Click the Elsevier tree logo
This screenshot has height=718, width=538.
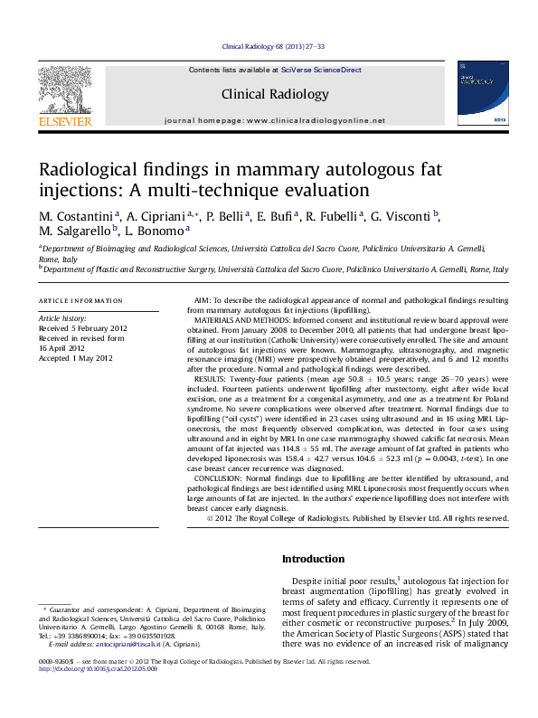click(64, 90)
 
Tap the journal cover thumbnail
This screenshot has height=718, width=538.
click(482, 93)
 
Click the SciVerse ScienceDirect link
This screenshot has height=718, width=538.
click(321, 70)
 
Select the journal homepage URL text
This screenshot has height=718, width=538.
click(316, 120)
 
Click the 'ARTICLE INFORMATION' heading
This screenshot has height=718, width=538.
click(80, 300)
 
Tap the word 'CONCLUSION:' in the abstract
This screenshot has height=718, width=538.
click(223, 478)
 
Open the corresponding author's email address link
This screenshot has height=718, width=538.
click(123, 644)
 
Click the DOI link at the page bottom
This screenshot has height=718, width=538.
click(95, 670)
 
